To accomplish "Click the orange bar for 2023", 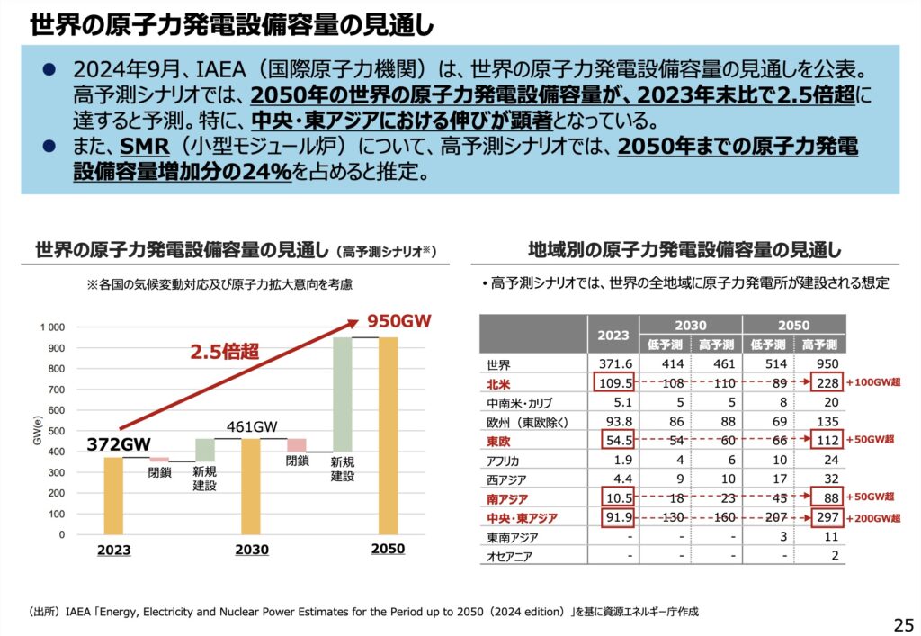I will point(113,496).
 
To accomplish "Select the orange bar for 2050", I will point(388,435).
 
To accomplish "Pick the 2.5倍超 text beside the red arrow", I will point(224,352).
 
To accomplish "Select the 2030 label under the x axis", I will point(252,550).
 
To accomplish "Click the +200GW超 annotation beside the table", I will point(873,518).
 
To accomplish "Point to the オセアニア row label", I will point(511,556).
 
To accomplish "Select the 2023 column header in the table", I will point(613,335).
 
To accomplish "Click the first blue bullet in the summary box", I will point(50,68).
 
